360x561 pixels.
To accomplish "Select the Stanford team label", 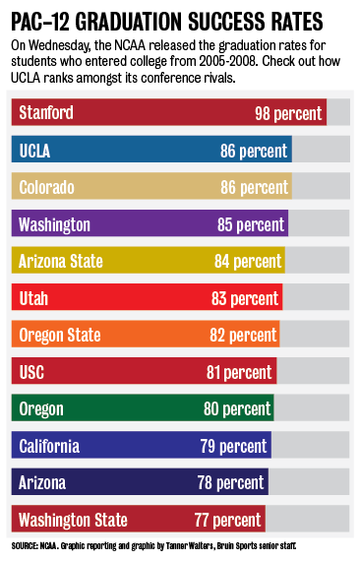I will pyautogui.click(x=46, y=113).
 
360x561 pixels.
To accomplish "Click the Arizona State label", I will pyautogui.click(x=61, y=262).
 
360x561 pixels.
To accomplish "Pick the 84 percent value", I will pyautogui.click(x=248, y=262).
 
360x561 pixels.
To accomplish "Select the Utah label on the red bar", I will pyautogui.click(x=34, y=298).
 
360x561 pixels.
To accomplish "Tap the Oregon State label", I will pyautogui.click(x=59, y=336).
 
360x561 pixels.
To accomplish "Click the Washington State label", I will pyautogui.click(x=73, y=520).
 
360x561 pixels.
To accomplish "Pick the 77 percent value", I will pyautogui.click(x=228, y=520).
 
